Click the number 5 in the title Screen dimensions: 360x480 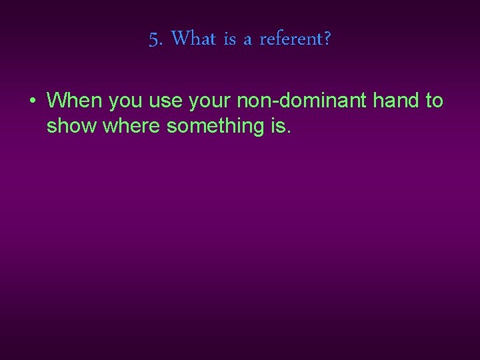[153, 40]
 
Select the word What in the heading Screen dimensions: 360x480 [193, 39]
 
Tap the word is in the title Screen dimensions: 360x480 [230, 39]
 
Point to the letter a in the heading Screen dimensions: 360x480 [247, 41]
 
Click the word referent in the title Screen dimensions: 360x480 [290, 39]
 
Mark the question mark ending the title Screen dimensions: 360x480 [327, 39]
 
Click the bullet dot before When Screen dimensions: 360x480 [32, 101]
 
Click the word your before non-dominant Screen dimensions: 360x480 [209, 102]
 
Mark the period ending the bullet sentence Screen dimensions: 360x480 [289, 131]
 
